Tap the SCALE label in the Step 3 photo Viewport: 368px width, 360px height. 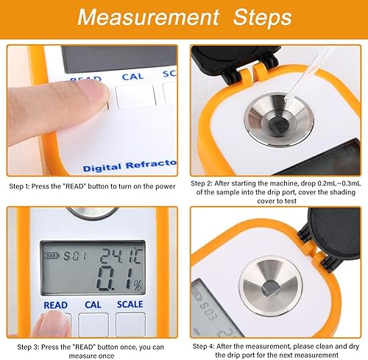[130, 305]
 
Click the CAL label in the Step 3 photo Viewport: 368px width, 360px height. [92, 305]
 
